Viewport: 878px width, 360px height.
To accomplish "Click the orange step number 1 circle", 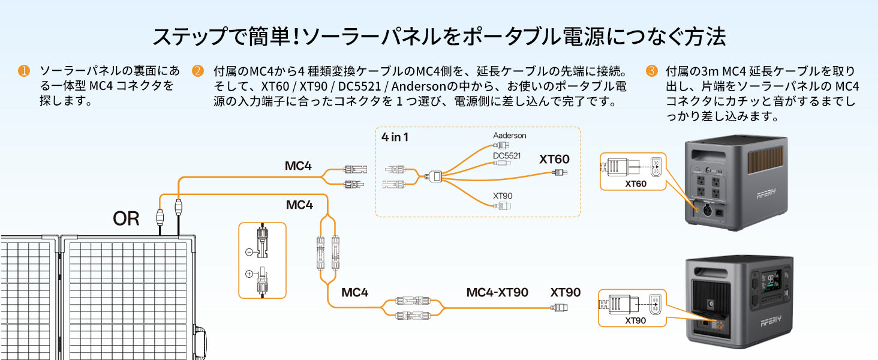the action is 24,71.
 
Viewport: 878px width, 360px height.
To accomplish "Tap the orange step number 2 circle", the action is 198,71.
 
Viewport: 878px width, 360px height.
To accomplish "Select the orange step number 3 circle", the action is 651,71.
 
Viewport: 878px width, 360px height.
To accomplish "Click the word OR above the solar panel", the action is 126,218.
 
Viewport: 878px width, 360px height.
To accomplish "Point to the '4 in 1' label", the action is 395,137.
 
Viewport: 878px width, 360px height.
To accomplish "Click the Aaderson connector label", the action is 510,135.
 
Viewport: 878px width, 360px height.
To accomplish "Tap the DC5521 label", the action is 507,155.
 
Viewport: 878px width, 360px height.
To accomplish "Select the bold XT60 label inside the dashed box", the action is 554,159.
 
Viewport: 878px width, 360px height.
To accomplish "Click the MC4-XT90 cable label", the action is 497,292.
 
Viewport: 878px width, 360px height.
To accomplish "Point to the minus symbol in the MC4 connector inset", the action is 249,252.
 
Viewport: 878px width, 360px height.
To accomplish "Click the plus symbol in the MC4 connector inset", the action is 249,274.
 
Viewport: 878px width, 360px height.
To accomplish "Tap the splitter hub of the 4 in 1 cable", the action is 435,176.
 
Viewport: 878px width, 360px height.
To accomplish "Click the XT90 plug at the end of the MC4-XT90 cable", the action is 560,307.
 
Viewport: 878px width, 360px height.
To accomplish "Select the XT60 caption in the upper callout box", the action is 635,184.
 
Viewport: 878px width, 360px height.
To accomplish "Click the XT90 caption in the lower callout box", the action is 635,320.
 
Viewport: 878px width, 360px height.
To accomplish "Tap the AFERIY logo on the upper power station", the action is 766,193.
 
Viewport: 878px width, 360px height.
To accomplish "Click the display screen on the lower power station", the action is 770,281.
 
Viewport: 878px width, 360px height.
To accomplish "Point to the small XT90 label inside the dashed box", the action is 503,196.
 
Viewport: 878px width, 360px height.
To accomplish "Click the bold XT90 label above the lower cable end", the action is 565,292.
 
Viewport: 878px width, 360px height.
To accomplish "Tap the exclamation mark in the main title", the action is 296,37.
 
